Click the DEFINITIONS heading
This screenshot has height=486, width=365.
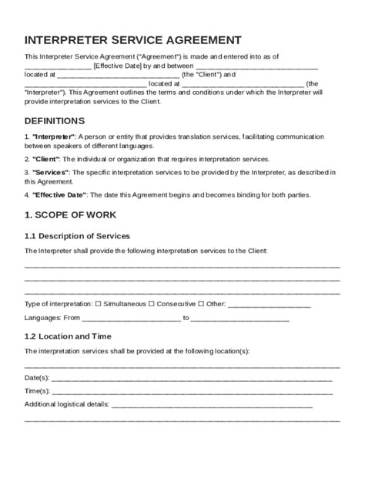[55, 121]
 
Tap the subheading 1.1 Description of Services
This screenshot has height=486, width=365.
[78, 235]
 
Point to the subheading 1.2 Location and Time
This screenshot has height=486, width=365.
[68, 336]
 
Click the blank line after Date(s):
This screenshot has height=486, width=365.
[192, 379]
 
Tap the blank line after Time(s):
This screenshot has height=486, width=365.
[192, 392]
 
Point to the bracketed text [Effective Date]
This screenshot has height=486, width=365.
[116, 66]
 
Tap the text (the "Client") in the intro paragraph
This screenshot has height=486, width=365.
[202, 75]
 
